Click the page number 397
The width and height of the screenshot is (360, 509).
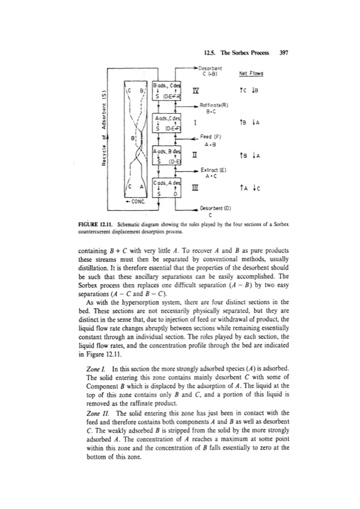[282, 53]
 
